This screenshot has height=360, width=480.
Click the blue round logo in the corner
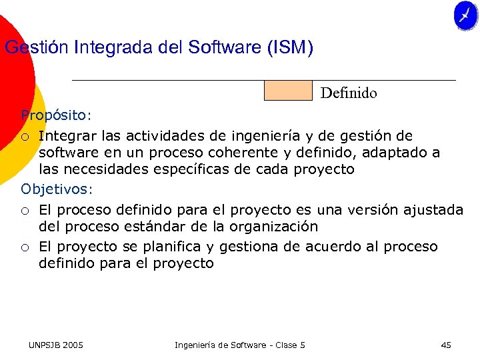465,16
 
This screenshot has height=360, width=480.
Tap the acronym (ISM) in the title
289,48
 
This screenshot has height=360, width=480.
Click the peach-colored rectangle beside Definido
288,91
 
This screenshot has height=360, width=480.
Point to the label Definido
349,93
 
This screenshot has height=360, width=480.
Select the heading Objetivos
55,189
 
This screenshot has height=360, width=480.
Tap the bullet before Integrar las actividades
25,137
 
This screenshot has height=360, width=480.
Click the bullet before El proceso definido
25,211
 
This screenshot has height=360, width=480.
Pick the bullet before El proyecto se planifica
25,247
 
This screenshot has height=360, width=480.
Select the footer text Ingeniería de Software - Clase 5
240,345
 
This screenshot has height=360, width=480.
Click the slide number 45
446,345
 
